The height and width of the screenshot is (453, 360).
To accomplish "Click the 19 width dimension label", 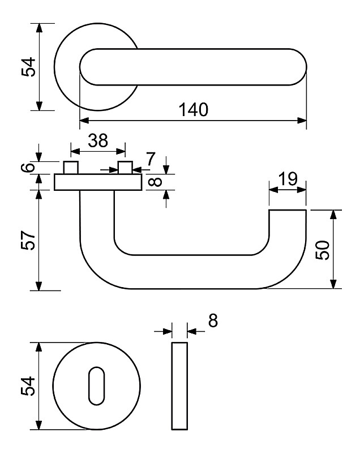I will pos(288,179).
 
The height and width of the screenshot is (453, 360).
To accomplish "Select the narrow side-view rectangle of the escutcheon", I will pos(179,386).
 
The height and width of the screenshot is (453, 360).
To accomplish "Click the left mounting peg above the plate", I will pos(70,168).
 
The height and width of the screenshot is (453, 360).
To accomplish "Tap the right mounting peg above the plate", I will pos(125,168).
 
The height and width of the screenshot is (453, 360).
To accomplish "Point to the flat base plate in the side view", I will pos(98,182).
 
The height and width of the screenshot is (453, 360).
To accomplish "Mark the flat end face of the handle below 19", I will pos(288,210).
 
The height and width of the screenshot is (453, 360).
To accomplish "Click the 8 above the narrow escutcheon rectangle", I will pos(213,321).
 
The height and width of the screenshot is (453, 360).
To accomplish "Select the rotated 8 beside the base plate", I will pos(157,182).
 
